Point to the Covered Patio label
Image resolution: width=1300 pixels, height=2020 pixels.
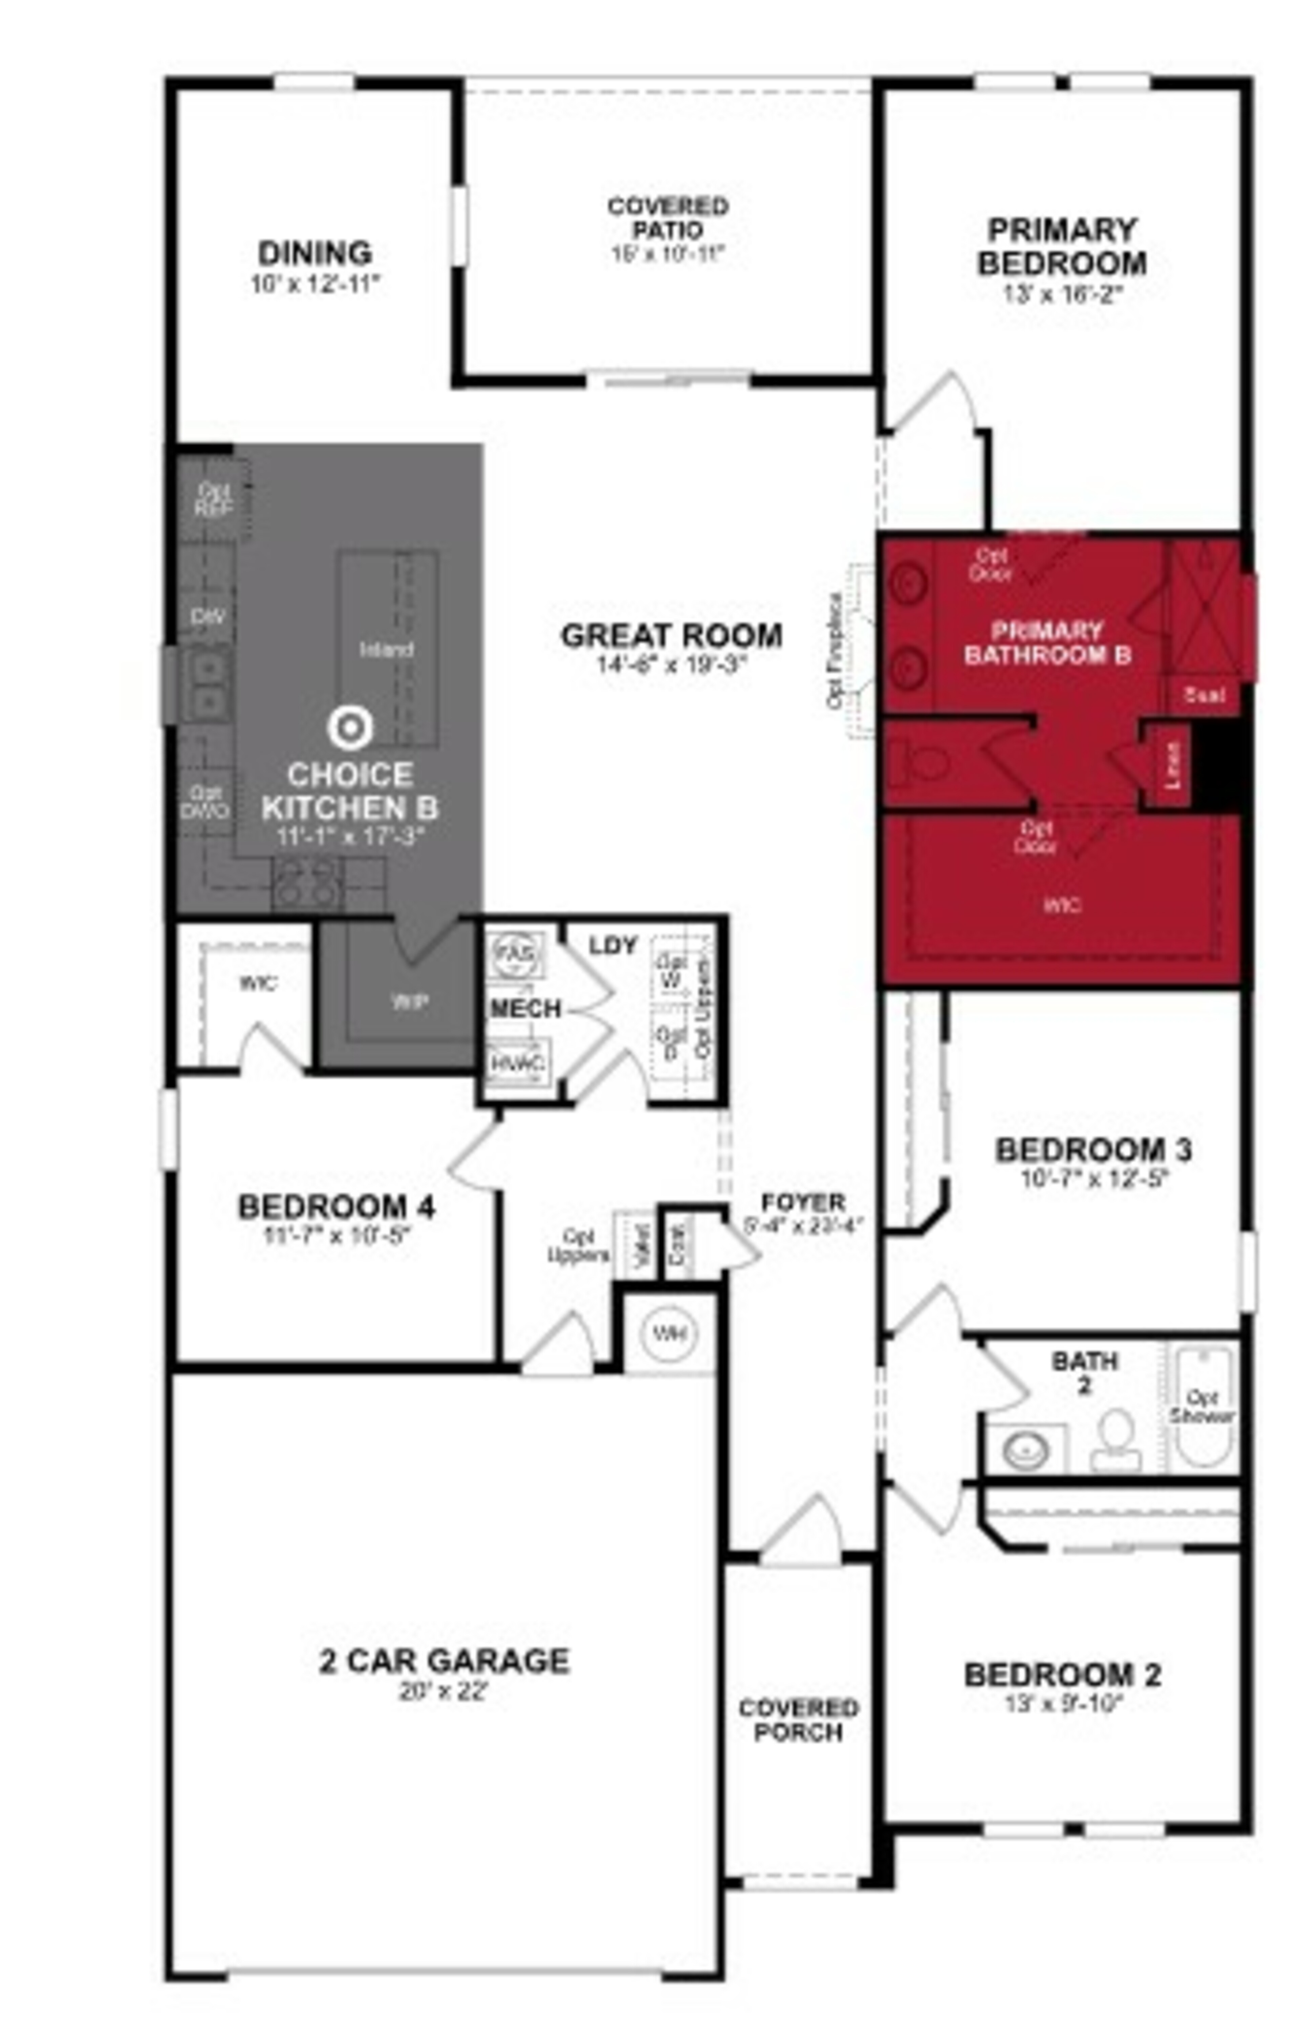(x=668, y=218)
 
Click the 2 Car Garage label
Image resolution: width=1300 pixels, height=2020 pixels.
(x=444, y=1661)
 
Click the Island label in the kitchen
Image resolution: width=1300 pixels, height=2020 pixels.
(x=387, y=650)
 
